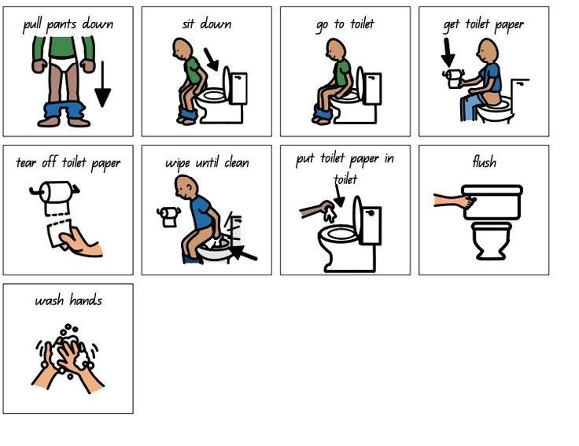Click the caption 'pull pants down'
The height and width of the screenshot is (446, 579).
[x=68, y=24]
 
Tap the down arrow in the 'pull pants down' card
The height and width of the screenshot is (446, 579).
[x=102, y=84]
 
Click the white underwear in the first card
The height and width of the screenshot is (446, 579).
[x=63, y=63]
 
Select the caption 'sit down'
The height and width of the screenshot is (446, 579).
[x=207, y=24]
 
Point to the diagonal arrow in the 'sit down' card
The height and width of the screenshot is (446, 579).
[x=211, y=59]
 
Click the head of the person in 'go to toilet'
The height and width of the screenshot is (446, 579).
[x=335, y=50]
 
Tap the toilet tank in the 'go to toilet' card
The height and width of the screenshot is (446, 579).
[x=373, y=89]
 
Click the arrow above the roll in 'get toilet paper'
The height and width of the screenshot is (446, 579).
[x=448, y=53]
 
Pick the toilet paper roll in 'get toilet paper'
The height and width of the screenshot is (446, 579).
[x=453, y=79]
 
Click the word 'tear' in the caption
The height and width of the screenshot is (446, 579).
[x=26, y=163]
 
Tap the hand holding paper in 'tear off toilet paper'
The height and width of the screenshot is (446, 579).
[x=81, y=242]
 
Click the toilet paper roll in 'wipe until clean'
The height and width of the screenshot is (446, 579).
[x=169, y=217]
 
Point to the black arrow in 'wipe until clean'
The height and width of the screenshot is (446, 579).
[x=242, y=252]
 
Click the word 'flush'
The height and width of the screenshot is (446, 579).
[x=484, y=162]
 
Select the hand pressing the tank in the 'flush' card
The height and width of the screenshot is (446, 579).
[x=455, y=201]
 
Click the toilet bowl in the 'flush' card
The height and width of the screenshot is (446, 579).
[x=492, y=241]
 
